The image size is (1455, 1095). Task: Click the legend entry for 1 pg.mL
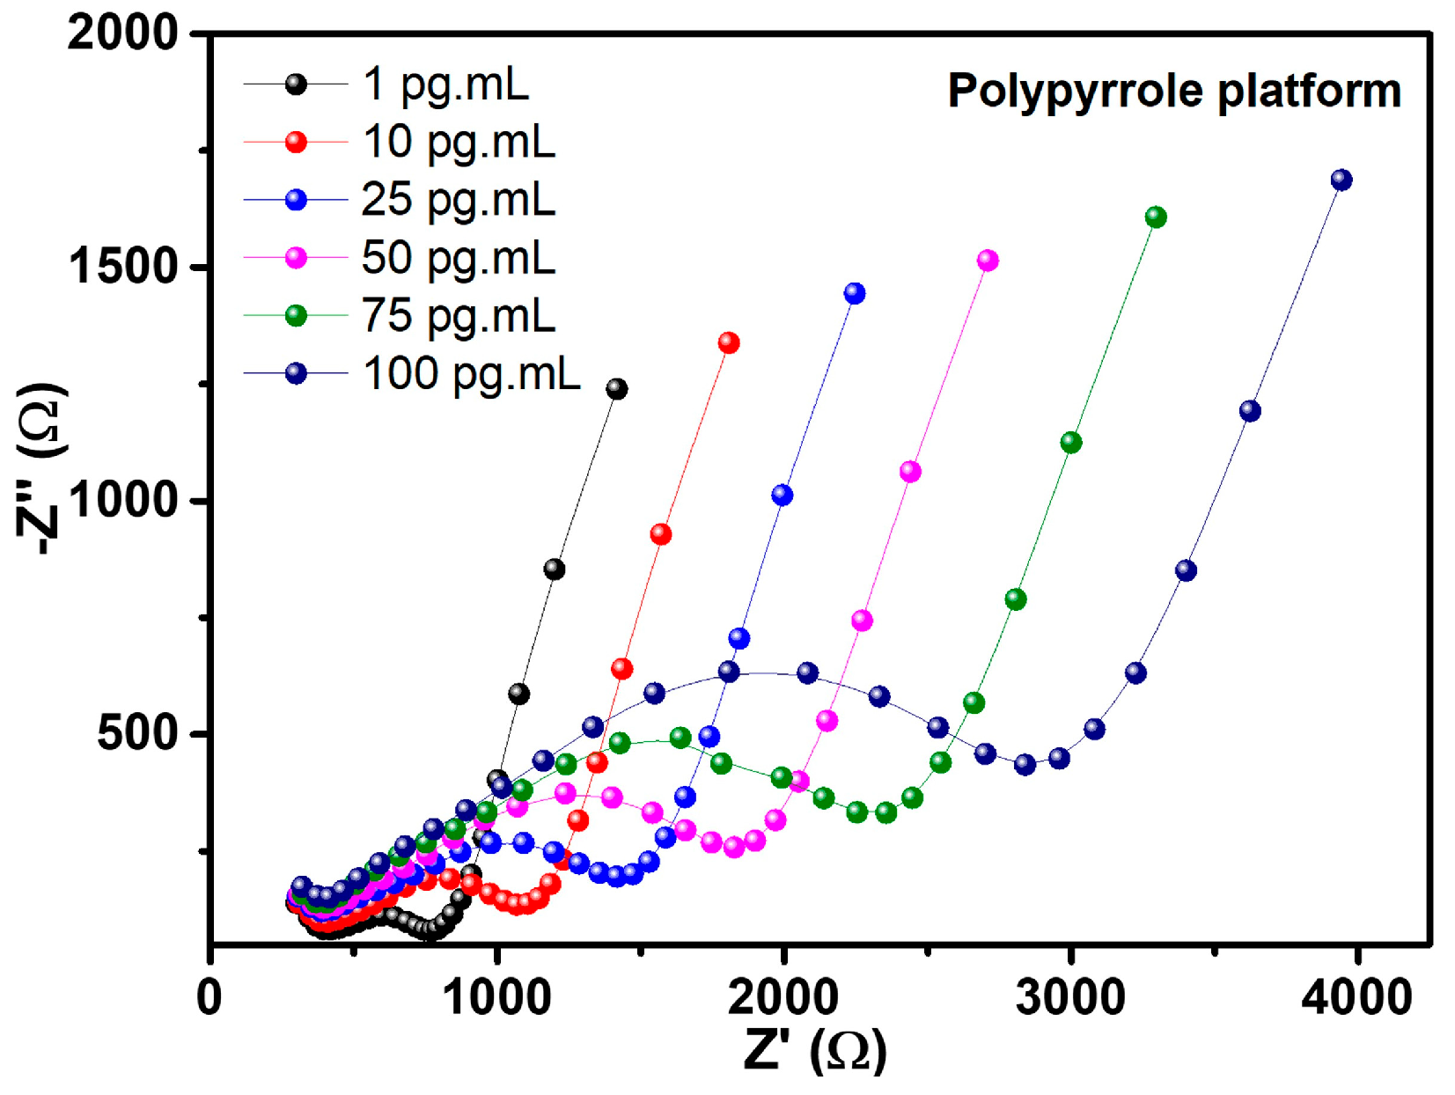click(445, 85)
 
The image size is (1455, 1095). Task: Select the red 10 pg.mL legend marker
click(297, 142)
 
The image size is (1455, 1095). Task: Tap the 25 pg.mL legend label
click(458, 199)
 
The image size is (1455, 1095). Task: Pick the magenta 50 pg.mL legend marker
click(297, 258)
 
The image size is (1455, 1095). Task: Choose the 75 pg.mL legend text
click(458, 315)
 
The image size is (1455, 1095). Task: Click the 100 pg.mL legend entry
click(471, 373)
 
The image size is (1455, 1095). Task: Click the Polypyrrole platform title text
click(1173, 91)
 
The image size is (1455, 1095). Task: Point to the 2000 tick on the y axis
click(123, 33)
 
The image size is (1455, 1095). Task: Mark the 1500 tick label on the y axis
click(123, 266)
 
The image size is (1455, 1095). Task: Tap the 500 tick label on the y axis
click(137, 732)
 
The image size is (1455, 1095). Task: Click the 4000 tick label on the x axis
click(1356, 997)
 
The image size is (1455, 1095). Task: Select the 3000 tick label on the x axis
click(1069, 997)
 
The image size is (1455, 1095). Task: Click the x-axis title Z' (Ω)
click(814, 1049)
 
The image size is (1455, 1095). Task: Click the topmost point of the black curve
click(617, 388)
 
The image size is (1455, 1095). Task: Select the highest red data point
click(728, 342)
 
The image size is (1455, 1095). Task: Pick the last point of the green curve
click(1156, 217)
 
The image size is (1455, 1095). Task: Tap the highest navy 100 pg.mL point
click(1341, 180)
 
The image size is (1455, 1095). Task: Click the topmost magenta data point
click(988, 260)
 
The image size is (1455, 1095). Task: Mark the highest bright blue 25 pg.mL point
click(855, 293)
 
